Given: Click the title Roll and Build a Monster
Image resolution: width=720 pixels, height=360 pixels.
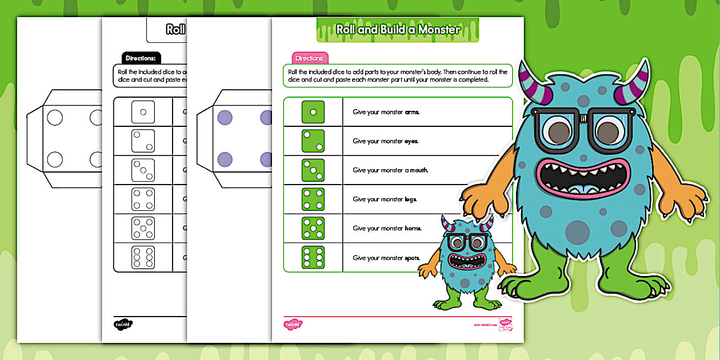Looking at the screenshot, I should click(398, 30).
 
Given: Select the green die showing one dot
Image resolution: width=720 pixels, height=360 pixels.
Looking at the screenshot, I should click(313, 112).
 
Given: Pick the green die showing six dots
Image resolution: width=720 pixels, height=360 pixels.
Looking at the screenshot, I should click(313, 257).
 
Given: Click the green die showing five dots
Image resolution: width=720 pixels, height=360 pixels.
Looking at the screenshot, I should click(313, 228).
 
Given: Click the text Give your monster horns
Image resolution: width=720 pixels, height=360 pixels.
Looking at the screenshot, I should click(387, 228).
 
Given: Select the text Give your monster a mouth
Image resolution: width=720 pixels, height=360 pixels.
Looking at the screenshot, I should click(390, 170).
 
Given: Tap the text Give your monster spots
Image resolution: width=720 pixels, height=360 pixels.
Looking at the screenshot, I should click(386, 258).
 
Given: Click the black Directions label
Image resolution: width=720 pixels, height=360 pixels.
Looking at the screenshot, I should click(141, 58).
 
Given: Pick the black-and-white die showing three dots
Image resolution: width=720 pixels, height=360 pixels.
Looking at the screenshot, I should click(143, 170).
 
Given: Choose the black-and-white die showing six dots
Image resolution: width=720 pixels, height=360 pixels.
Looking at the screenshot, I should click(143, 257).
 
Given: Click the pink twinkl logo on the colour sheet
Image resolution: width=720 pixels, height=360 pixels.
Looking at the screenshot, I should click(293, 325).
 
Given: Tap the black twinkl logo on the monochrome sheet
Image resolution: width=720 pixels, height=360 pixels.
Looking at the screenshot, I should click(123, 325).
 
